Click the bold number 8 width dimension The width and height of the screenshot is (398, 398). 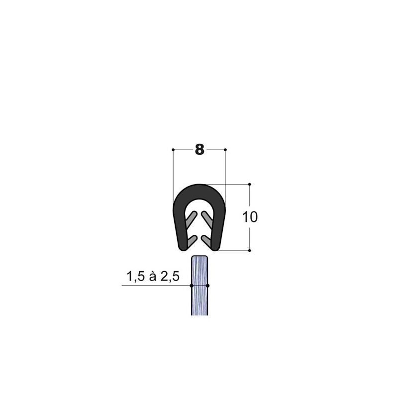point(199,150)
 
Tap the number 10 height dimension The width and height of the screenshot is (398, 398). point(250,217)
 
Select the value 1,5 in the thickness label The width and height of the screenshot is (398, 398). point(135,277)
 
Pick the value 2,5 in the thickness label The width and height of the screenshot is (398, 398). point(170,277)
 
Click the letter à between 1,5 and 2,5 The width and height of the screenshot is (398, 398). point(153,276)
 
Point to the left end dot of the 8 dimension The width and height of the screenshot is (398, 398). point(173,150)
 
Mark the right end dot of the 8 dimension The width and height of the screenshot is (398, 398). point(225,150)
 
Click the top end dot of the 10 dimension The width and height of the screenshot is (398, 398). point(250,184)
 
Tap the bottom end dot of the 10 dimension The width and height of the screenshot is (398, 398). point(250,251)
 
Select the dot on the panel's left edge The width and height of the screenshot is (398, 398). point(192,286)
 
